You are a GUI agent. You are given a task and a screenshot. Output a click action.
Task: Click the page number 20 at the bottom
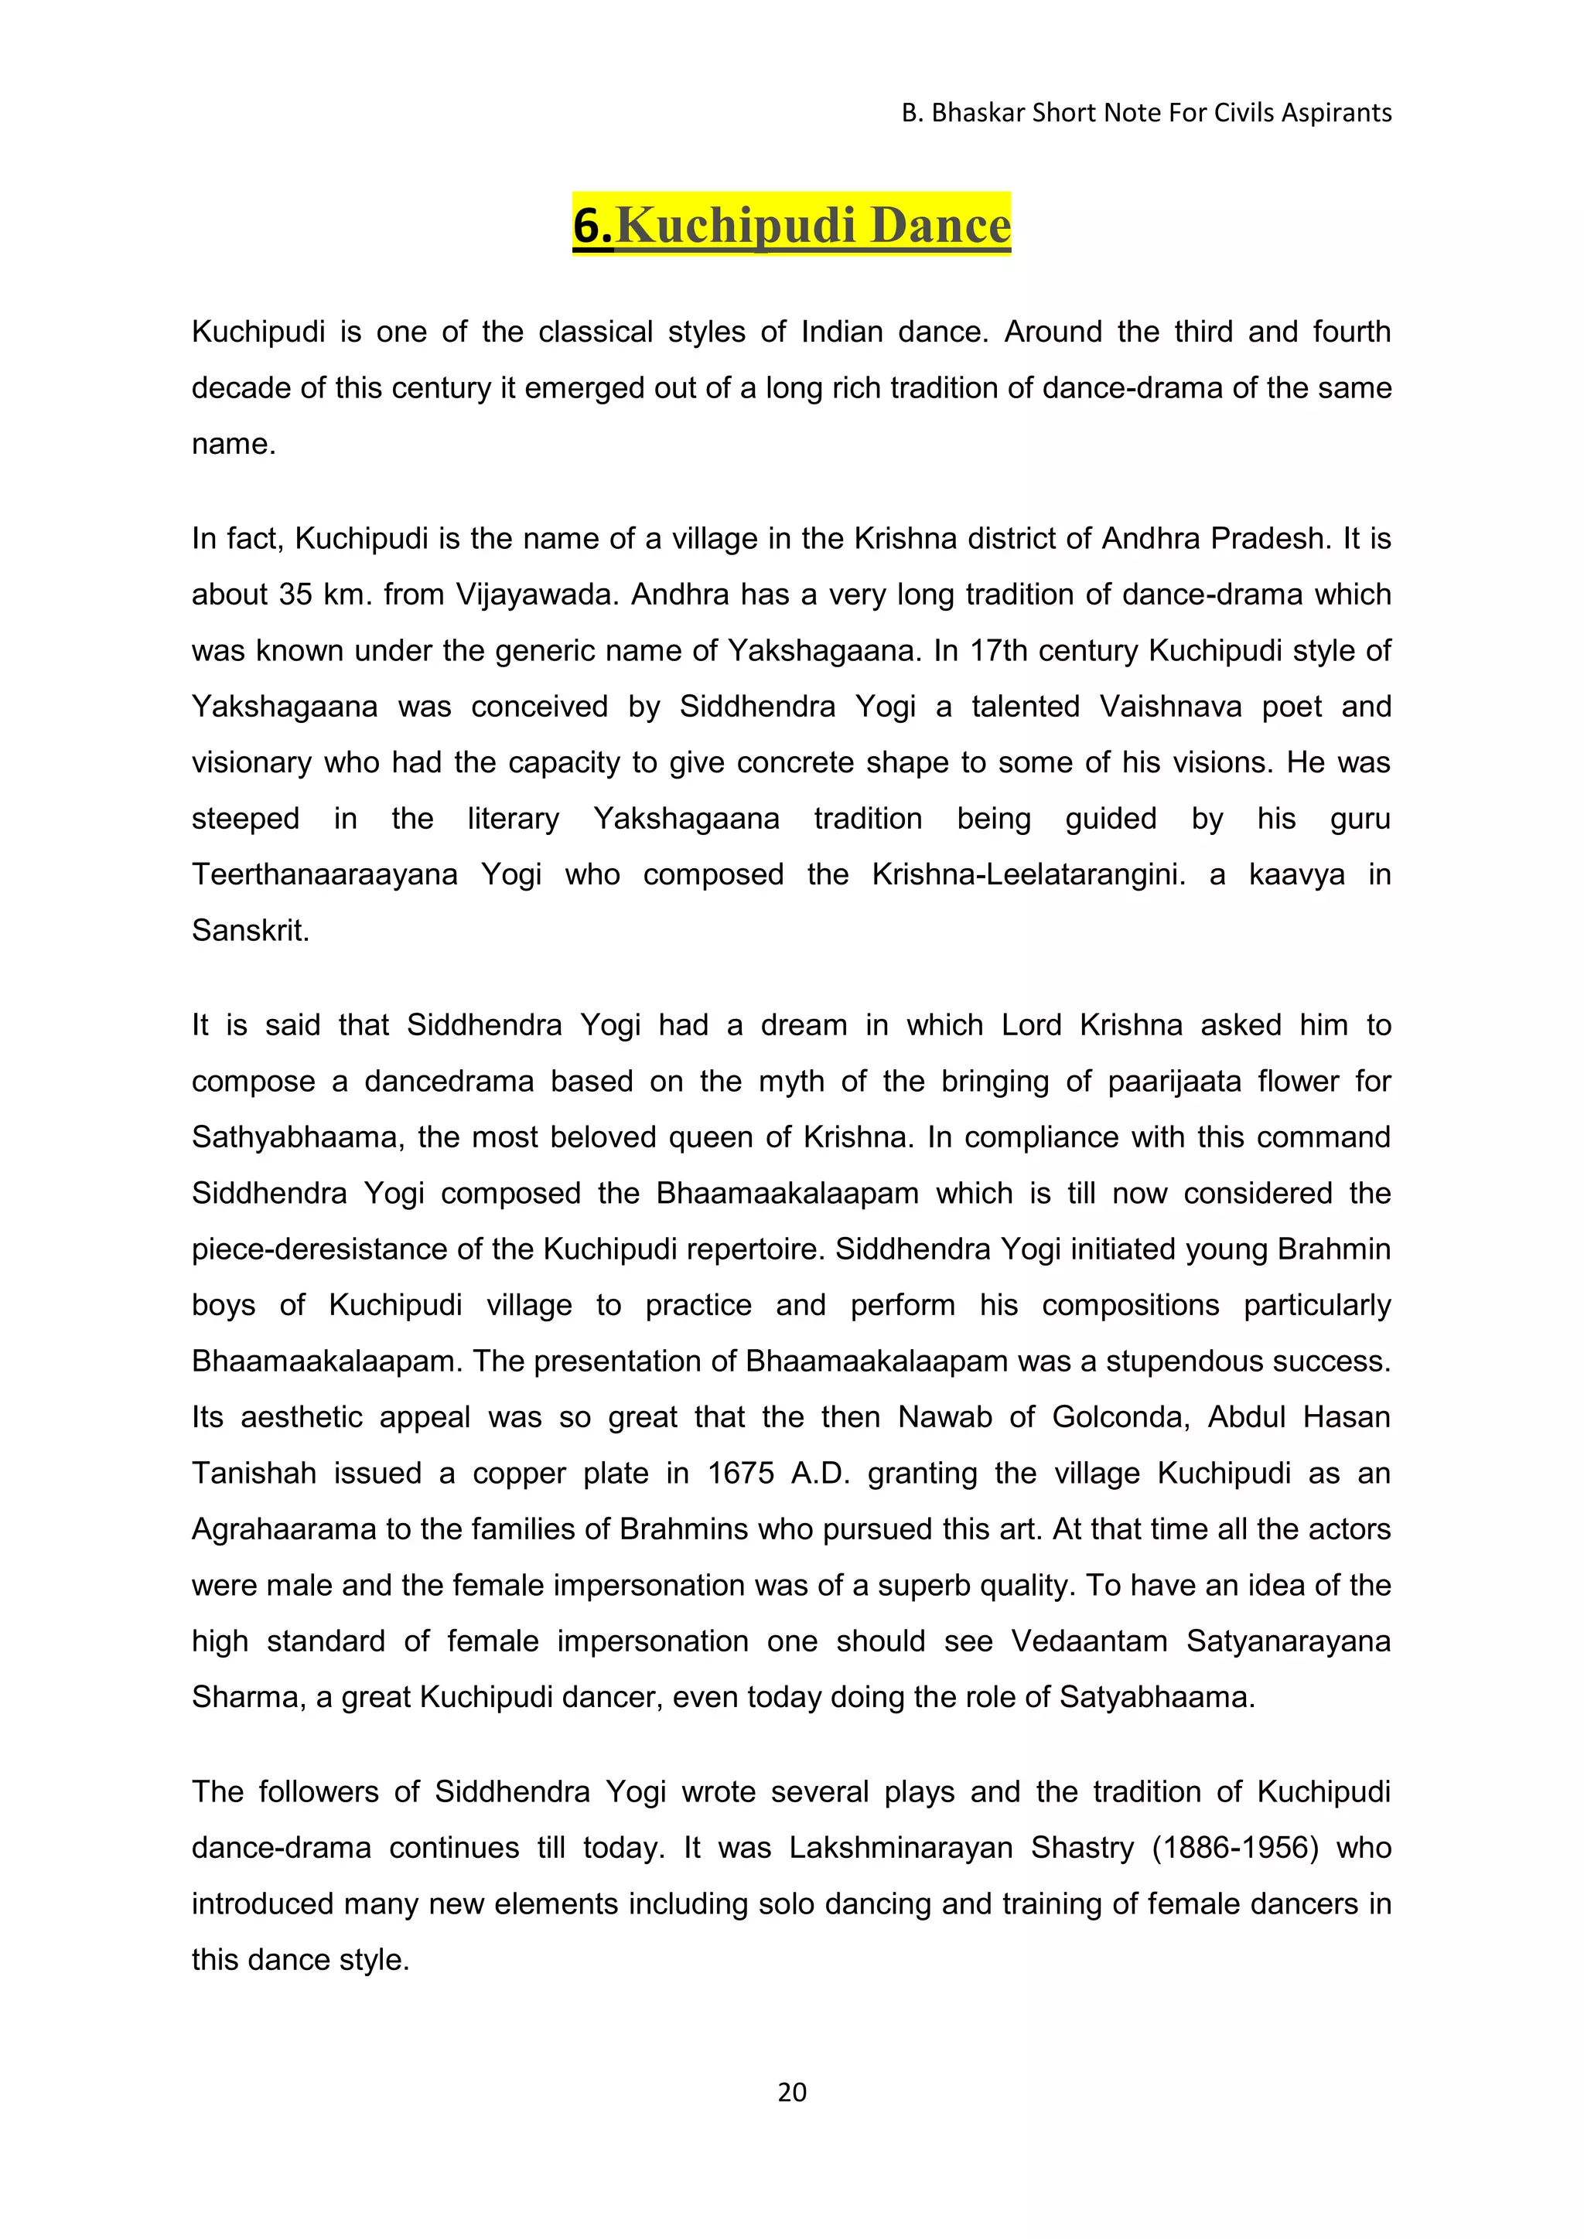pyautogui.click(x=792, y=2092)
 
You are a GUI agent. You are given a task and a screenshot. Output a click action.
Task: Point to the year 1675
pyautogui.click(x=740, y=1473)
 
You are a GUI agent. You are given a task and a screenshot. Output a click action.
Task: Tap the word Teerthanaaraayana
pyautogui.click(x=325, y=874)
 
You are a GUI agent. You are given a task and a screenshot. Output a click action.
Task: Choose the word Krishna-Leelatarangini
pyautogui.click(x=1028, y=874)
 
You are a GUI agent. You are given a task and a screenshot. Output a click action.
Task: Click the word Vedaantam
pyautogui.click(x=1088, y=1641)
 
